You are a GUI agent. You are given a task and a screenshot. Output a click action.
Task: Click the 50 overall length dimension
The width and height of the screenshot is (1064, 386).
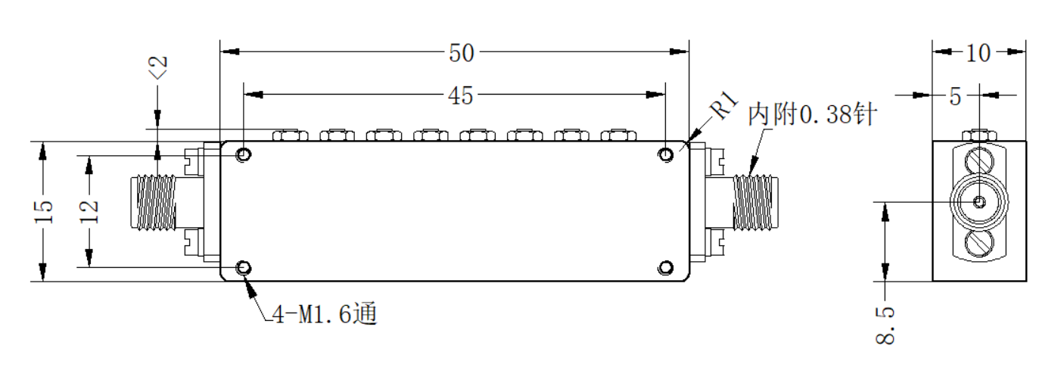pos(461,53)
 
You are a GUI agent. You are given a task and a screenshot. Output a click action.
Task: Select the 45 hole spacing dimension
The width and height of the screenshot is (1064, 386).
pos(460,96)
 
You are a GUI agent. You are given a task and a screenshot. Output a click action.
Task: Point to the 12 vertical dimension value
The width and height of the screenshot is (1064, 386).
pos(89,211)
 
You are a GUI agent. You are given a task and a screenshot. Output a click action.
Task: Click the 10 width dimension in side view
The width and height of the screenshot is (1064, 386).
pos(978,53)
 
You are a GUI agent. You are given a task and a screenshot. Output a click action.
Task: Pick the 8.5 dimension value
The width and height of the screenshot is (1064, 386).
pos(885,325)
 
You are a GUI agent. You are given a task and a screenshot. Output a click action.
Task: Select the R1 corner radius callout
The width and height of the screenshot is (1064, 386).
pos(724,104)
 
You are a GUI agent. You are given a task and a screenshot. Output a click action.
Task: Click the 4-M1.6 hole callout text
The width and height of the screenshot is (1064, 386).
pos(325,314)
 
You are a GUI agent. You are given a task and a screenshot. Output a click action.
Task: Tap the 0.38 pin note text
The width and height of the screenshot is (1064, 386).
pos(813,114)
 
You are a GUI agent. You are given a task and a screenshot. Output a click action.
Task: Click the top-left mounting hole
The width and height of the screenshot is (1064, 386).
pos(244,154)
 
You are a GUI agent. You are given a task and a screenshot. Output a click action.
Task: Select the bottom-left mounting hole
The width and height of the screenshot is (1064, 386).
pos(244,268)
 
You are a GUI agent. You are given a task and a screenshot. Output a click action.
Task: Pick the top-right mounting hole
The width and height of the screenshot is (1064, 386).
pos(666,154)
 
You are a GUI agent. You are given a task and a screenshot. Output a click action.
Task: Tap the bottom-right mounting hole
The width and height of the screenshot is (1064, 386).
pos(666,268)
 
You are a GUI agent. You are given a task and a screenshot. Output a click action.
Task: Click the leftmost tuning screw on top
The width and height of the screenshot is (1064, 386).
pos(291,135)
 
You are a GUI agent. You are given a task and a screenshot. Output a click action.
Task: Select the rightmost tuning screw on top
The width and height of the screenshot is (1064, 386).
pos(618,135)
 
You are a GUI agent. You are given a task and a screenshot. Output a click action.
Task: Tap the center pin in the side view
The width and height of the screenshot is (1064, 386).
pos(979,202)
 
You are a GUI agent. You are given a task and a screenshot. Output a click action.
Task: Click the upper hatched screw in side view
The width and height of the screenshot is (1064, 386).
pos(979,160)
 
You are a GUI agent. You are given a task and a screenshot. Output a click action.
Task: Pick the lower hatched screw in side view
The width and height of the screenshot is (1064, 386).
pos(979,244)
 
